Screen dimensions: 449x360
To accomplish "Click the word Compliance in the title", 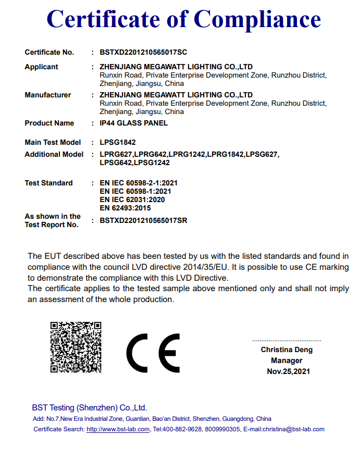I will click(x=257, y=19).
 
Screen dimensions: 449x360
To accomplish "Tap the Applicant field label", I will click(x=42, y=67).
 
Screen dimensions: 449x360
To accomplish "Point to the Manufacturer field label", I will click(x=48, y=95).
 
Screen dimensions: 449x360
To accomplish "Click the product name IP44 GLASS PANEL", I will click(x=134, y=123).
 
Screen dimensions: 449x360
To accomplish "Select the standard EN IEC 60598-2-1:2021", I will click(x=139, y=183).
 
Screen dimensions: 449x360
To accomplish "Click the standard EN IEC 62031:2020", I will click(x=132, y=200).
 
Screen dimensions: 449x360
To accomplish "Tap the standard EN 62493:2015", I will click(x=125, y=208).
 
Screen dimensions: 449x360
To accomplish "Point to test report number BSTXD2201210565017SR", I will click(x=143, y=221).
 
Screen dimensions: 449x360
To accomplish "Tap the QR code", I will click(x=76, y=347).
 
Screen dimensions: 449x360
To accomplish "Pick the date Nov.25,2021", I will click(x=288, y=371).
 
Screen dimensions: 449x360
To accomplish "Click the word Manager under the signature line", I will click(x=287, y=360).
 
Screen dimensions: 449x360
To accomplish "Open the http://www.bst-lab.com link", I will click(x=118, y=430).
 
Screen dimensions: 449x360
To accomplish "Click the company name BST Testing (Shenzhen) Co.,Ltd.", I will click(x=90, y=408).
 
